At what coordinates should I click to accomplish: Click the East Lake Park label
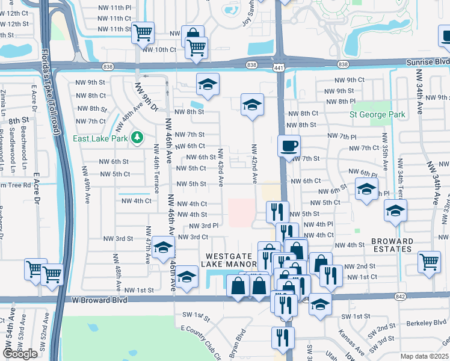click(x=100, y=138)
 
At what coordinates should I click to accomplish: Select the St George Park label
click(x=378, y=114)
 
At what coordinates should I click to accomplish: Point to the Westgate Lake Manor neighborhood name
click(x=231, y=259)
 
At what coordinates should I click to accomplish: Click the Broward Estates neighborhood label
click(x=392, y=245)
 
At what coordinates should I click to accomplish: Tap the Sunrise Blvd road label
click(x=433, y=61)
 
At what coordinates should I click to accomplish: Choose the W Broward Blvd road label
click(x=99, y=299)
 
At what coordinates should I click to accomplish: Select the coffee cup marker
click(x=289, y=145)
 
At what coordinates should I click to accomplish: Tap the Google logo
click(x=20, y=354)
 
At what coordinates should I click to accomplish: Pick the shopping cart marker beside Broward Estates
click(x=429, y=261)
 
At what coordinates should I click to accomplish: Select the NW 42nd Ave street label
click(x=254, y=164)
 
